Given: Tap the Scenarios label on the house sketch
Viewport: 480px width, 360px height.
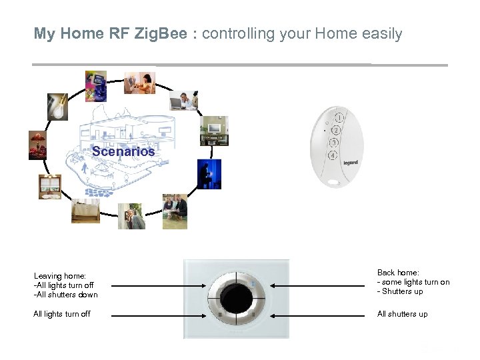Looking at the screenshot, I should coord(123,151).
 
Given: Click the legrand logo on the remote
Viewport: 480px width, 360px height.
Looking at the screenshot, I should coord(351,162).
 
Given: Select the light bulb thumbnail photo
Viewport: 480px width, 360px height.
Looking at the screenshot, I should coord(57,107).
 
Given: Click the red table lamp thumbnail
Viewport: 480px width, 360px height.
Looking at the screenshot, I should coord(37,145).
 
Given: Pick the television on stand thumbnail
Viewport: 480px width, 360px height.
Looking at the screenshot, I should coord(214,131).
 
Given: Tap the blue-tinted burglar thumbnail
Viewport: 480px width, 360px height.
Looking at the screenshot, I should coord(209,175).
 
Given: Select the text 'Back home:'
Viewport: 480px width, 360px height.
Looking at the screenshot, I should coord(398,273).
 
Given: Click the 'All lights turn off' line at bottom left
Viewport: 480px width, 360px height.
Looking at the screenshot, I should coord(62,314).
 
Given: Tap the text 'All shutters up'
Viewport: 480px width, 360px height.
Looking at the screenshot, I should coord(402,314).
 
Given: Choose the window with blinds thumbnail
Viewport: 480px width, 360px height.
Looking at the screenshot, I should coord(49,187).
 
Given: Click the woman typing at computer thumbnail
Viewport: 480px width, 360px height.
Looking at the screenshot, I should coord(139,83).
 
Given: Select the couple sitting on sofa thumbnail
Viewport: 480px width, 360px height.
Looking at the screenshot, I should coord(175,211).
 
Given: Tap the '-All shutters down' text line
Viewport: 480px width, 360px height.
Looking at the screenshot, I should coord(65,295).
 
